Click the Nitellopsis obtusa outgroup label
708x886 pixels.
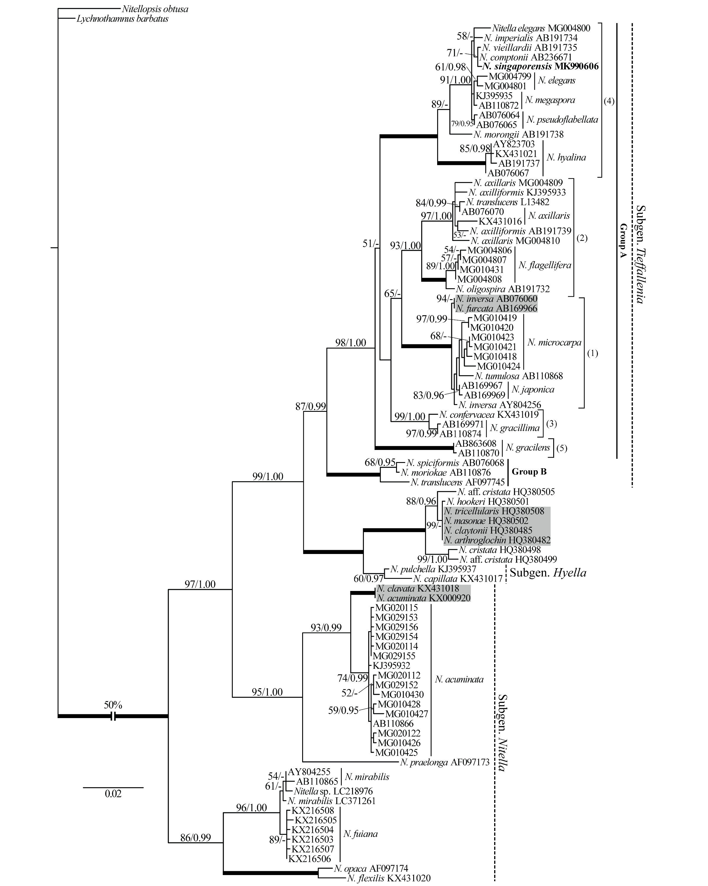tap(155, 9)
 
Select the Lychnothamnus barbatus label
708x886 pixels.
tap(122, 19)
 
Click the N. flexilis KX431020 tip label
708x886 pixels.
tap(388, 879)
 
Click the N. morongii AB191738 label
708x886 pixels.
tap(518, 135)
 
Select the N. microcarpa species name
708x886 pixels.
tap(554, 342)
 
